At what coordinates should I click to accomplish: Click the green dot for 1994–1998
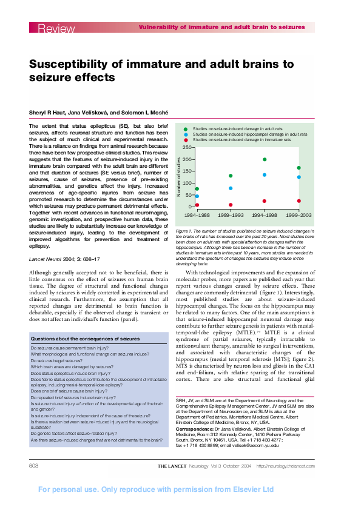tap(265, 159)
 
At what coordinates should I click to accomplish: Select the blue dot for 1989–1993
tap(231, 188)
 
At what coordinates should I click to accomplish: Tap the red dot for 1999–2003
tap(299, 200)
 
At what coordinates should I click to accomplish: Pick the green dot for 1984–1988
tap(197, 189)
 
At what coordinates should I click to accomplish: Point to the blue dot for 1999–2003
tap(299, 177)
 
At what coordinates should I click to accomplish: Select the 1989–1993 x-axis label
tap(231, 215)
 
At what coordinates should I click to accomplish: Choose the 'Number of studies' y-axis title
tap(178, 176)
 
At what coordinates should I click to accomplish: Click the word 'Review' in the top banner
tap(56, 28)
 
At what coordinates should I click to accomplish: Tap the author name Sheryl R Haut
tap(49, 113)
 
